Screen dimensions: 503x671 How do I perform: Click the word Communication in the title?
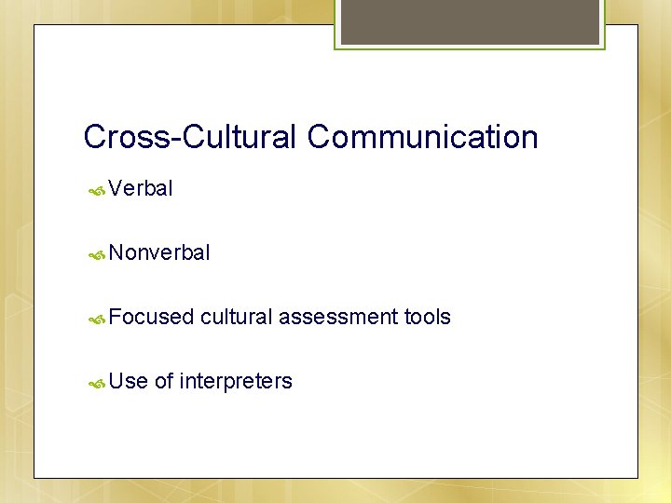tap(423, 137)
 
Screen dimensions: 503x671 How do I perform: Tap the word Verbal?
tap(141, 188)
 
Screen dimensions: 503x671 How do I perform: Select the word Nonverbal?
tap(159, 252)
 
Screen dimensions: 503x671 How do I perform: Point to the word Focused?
tap(151, 317)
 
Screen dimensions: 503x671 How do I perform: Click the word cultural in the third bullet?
tap(236, 317)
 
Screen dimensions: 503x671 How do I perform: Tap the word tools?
tap(427, 317)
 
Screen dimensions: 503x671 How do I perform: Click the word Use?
tap(128, 381)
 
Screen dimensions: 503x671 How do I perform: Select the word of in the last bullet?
tap(163, 381)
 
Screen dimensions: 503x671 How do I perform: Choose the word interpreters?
tap(236, 382)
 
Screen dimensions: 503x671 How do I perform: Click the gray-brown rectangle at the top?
tap(470, 21)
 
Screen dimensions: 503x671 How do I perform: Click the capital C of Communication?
tap(320, 137)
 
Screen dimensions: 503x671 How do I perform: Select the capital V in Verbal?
tap(116, 188)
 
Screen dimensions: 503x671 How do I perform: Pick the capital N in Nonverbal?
tap(116, 252)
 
